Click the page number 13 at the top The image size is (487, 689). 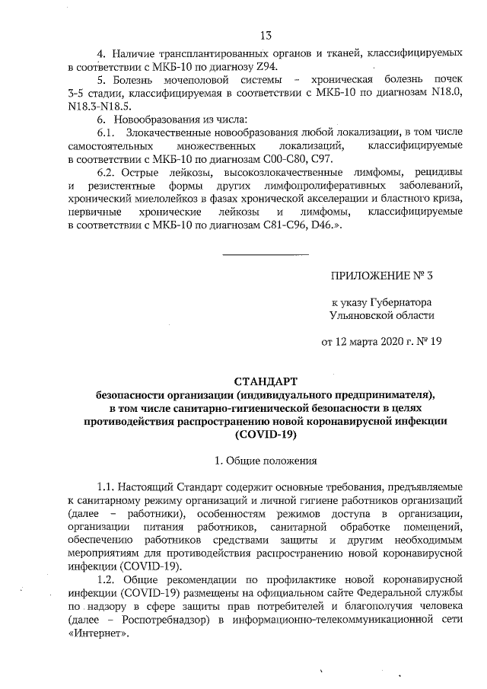tap(266, 35)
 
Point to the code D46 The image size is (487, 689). tap(317, 227)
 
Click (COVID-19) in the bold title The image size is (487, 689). tap(264, 435)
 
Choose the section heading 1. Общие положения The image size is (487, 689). tap(264, 461)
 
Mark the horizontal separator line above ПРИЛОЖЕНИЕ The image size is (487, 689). tap(264, 253)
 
